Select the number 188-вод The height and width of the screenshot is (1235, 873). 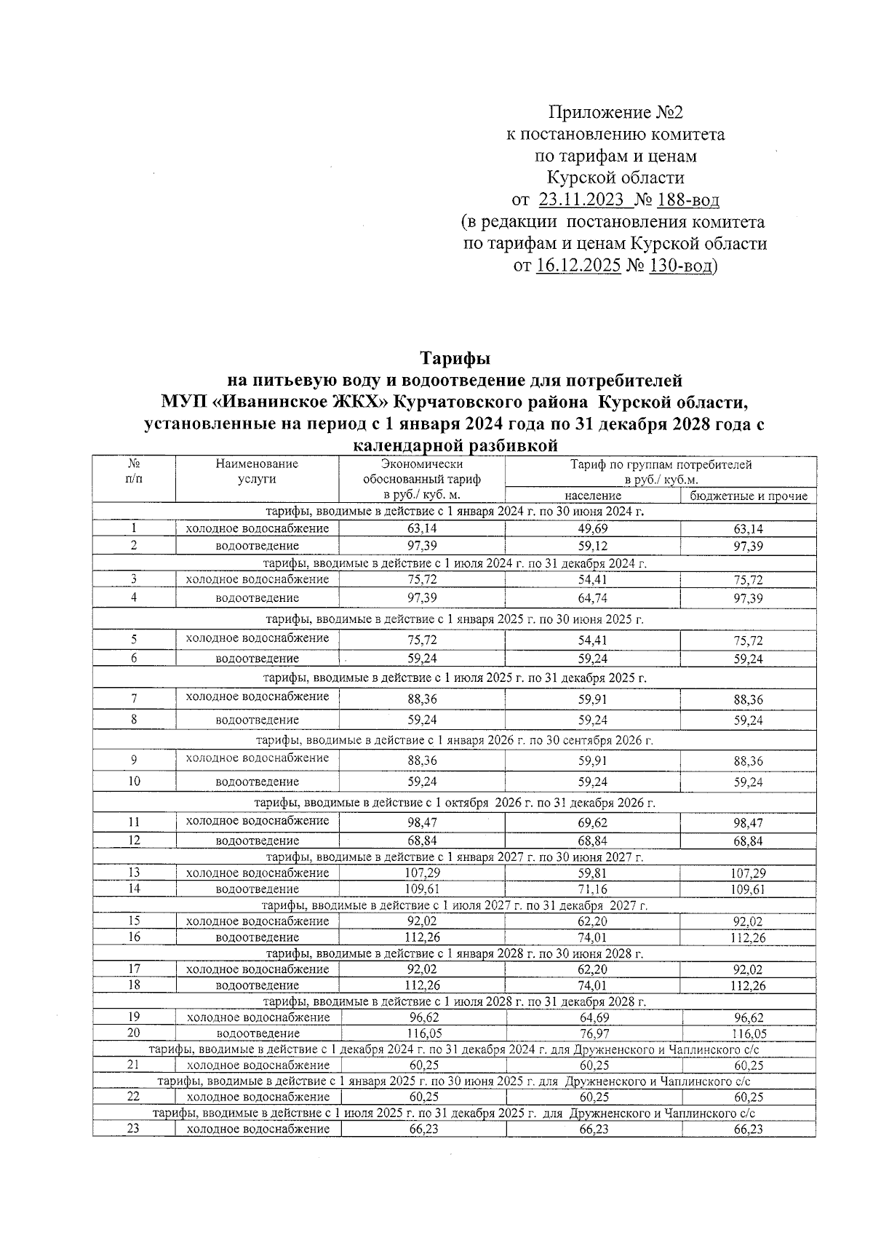(688, 199)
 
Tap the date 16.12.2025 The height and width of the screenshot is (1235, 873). (578, 266)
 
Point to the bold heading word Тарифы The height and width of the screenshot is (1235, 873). (455, 359)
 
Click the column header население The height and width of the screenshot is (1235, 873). (592, 496)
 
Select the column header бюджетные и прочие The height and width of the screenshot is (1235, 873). (749, 496)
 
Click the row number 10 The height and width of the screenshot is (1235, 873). (134, 781)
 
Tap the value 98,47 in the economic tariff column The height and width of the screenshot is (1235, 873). (422, 823)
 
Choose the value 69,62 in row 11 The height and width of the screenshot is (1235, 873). (593, 823)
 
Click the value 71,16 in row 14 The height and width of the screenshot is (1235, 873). (593, 889)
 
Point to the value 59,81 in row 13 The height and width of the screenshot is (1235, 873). (593, 873)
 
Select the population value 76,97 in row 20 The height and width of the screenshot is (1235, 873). (593, 1033)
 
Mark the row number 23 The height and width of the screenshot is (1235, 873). (134, 1129)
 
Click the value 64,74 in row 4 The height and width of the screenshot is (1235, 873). (593, 598)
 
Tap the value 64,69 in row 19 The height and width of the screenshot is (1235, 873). (593, 1017)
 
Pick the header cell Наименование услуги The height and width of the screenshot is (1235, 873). (257, 471)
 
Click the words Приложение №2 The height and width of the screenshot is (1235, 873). (616, 113)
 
